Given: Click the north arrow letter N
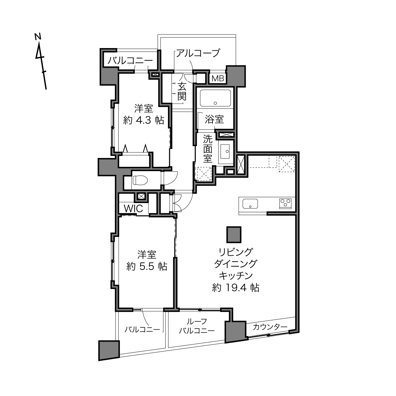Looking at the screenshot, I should point(38,36).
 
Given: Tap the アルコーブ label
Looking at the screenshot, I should point(198,53).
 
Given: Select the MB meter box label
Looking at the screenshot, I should point(218,78).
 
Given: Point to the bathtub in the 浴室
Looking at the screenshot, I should point(215,98).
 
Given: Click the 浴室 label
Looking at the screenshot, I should point(214,120).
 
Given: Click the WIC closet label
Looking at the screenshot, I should point(133,209).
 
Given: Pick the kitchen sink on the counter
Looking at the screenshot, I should point(250,204).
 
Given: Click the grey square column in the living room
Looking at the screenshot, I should point(234,234).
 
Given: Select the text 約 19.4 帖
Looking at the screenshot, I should point(236,288).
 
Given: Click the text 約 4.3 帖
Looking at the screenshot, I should point(144,120).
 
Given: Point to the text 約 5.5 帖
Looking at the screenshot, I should point(147,267).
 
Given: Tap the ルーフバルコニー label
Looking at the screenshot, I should point(197,326).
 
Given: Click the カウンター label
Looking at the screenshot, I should point(270,327).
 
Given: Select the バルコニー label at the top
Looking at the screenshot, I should point(130,61).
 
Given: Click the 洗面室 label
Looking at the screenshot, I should point(207,148).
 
